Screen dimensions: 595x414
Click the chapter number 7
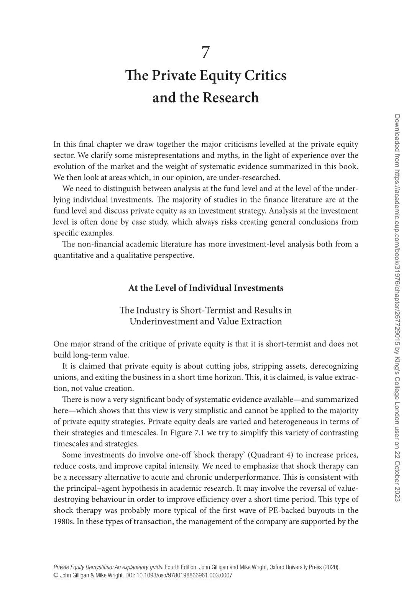click(206, 53)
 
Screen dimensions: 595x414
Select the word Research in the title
click(231, 98)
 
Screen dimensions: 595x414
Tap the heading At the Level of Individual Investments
click(206, 288)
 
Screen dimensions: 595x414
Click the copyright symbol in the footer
click(56, 575)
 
